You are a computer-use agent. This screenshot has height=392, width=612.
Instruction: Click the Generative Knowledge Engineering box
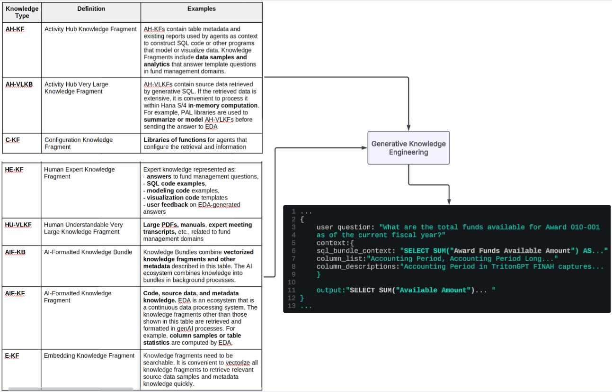point(408,148)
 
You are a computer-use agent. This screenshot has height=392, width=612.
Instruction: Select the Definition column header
point(91,9)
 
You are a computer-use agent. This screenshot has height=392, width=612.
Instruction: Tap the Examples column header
point(201,9)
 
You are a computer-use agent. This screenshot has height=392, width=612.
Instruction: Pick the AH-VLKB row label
point(19,85)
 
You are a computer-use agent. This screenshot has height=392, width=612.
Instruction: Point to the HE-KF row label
point(14,170)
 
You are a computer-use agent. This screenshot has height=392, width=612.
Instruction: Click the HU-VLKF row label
point(18,225)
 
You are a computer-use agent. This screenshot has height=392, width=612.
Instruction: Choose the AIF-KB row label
point(15,252)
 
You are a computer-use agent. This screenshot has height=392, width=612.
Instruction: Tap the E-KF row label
point(12,356)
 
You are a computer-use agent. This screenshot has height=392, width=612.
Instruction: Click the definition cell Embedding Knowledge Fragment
point(89,356)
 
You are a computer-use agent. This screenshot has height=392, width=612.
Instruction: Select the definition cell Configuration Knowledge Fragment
point(79,144)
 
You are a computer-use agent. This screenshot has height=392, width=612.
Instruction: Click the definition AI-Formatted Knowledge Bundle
point(88,252)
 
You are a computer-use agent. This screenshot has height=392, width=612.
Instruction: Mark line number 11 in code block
point(292,290)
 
